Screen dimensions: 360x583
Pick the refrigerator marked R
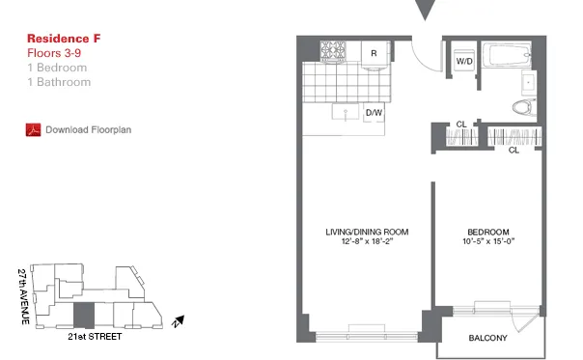pyautogui.click(x=373, y=52)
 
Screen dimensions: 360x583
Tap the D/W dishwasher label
pyautogui.click(x=373, y=114)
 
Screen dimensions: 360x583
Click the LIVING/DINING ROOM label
pyautogui.click(x=367, y=233)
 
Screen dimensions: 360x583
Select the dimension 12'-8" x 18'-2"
pyautogui.click(x=367, y=243)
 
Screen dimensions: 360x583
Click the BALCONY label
pyautogui.click(x=488, y=338)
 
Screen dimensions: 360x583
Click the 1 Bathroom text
pyautogui.click(x=60, y=82)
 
